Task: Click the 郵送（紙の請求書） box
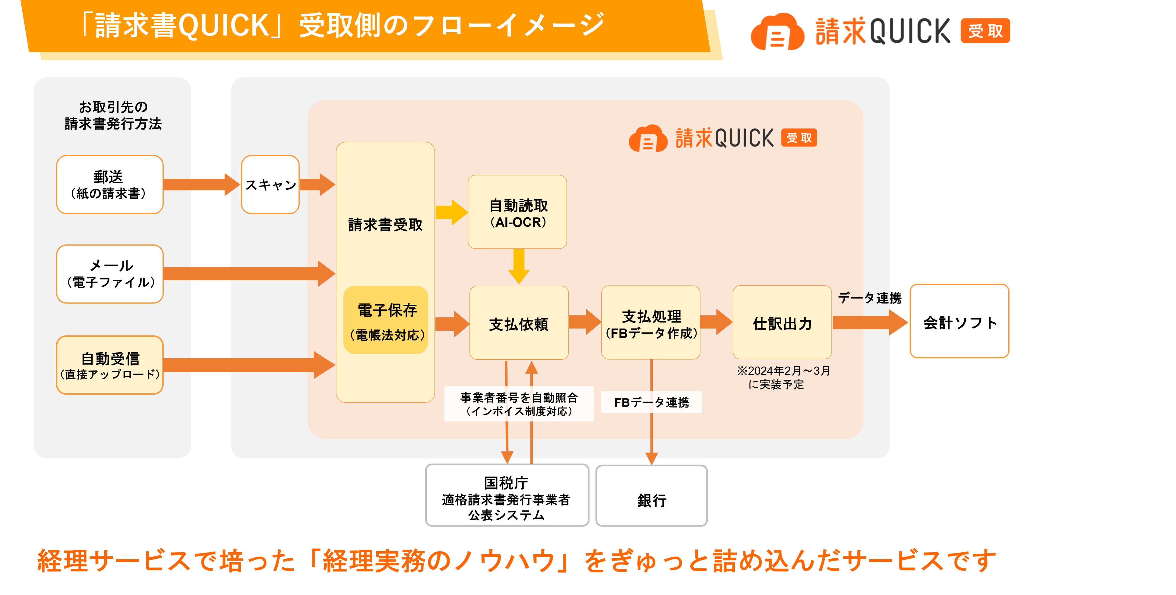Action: tap(109, 184)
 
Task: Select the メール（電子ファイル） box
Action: tap(109, 274)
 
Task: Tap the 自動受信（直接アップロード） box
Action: tap(109, 365)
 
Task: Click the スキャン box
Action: tap(270, 184)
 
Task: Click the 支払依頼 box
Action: tap(519, 323)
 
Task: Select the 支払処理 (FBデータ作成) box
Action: tap(650, 323)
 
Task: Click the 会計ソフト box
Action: tap(959, 321)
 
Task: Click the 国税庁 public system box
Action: tap(507, 496)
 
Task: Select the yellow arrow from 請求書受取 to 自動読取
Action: tap(451, 212)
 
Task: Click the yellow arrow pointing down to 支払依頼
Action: tap(519, 266)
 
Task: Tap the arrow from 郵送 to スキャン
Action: tap(201, 184)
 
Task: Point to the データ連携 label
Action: tap(869, 298)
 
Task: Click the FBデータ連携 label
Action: tap(651, 402)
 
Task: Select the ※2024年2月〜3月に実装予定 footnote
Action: tap(782, 377)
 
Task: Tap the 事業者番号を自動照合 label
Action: tap(519, 404)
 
